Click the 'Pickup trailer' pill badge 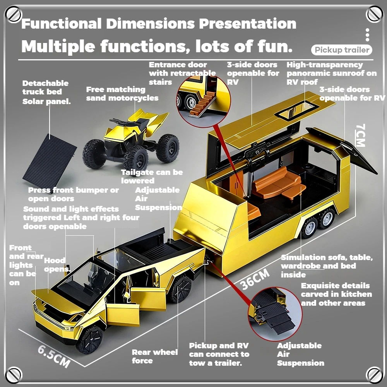341,50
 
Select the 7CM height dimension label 360,135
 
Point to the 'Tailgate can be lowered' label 151,176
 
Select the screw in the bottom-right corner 373,373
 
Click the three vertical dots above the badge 367,35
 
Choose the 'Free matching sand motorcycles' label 122,94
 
